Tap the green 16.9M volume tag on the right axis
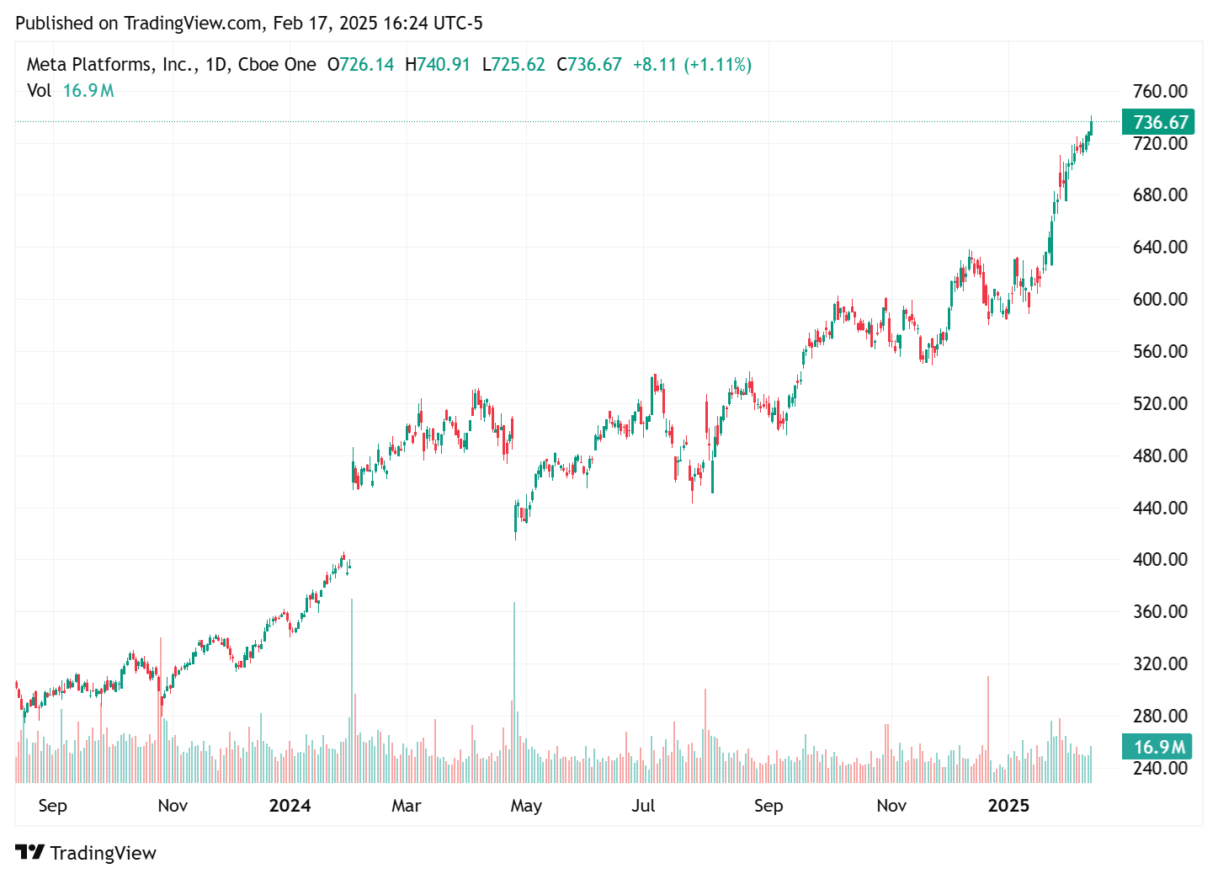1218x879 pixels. click(1158, 747)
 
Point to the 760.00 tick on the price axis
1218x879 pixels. click(1160, 91)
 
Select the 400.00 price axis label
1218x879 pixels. click(1160, 559)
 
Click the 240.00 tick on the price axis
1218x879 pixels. click(1160, 768)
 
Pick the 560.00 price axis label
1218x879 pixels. click(1160, 351)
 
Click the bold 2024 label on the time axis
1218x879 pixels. click(290, 806)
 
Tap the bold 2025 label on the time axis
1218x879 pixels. click(1008, 806)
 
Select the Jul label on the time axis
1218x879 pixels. click(643, 806)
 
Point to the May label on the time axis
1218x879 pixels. click(526, 806)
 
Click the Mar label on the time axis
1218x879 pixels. click(406, 806)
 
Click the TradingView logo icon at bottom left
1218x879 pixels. click(29, 852)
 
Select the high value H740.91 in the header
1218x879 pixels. click(438, 65)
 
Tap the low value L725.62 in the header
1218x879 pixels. click(513, 65)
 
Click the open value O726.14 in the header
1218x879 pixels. click(360, 65)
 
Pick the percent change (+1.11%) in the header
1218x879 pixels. click(717, 65)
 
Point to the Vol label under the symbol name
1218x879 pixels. click(39, 91)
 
